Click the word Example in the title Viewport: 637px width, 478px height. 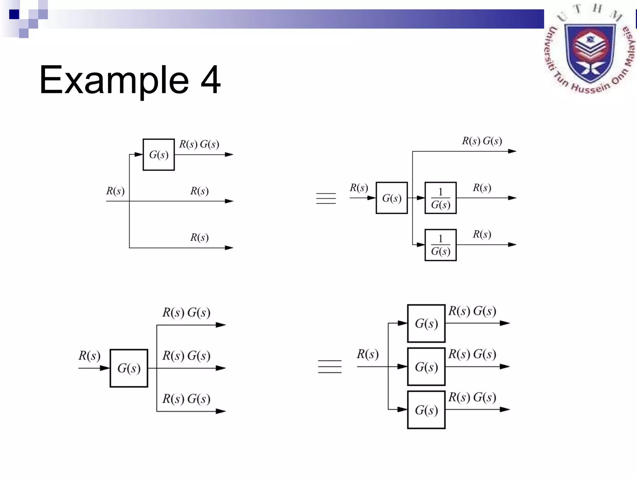(114, 80)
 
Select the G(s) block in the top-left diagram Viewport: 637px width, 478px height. (159, 155)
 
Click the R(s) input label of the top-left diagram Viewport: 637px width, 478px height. (115, 191)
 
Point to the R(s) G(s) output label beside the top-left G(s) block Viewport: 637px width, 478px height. (199, 144)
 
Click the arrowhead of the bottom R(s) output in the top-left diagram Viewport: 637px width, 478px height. (229, 248)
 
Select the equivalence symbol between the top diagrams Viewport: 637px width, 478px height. (326, 198)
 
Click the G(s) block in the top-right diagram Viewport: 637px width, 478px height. (392, 198)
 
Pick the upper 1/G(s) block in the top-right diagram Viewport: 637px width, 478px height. (440, 198)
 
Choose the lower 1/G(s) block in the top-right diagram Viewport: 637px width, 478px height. (440, 245)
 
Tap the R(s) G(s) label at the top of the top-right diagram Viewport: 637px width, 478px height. (482, 141)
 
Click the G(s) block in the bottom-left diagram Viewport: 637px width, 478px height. (129, 368)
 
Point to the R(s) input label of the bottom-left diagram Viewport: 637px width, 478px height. (89, 355)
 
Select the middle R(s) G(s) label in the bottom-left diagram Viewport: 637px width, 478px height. (186, 355)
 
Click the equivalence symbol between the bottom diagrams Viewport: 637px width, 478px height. (330, 366)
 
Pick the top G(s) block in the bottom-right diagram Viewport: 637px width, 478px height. (426, 323)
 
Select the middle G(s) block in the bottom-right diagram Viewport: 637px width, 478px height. (426, 367)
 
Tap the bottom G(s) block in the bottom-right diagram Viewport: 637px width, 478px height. (426, 410)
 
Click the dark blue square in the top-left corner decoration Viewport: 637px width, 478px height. (14, 14)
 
